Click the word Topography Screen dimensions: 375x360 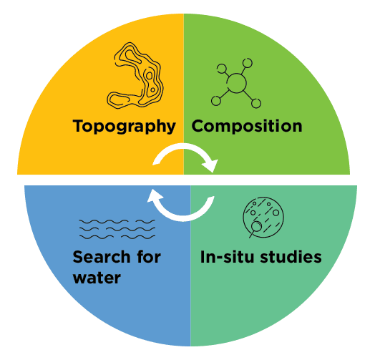click(x=124, y=126)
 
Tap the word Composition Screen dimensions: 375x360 click(x=247, y=126)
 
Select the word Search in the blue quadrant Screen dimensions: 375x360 click(x=102, y=257)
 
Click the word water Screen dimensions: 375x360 click(x=97, y=278)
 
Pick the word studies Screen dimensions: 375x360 click(x=291, y=257)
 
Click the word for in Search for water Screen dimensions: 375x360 click(x=149, y=257)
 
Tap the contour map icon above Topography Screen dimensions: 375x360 click(x=135, y=76)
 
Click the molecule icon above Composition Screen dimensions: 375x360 click(x=236, y=83)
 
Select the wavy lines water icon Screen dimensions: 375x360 click(x=117, y=230)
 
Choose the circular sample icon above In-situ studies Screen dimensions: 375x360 click(x=263, y=218)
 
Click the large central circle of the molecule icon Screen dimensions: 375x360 click(x=236, y=83)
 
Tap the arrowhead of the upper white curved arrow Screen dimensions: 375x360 click(x=210, y=165)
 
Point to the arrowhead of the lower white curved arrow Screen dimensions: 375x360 click(x=155, y=195)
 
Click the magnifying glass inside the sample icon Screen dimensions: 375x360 click(x=255, y=228)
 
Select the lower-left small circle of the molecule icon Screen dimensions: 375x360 click(x=216, y=101)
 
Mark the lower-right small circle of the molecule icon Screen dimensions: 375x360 click(x=256, y=104)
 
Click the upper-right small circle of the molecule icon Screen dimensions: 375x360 click(x=248, y=63)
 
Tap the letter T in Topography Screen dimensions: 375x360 click(x=79, y=126)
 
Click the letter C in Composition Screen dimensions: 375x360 click(x=198, y=126)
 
